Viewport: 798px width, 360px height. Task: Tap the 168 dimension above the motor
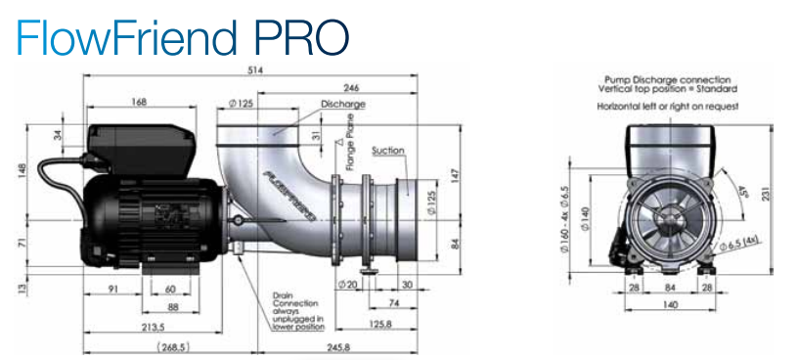(x=139, y=102)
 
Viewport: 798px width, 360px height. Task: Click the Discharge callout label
(x=343, y=105)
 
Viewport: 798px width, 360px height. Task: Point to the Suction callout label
(x=388, y=151)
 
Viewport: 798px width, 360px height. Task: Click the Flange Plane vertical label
(x=350, y=149)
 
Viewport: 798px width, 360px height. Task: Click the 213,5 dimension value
(x=154, y=326)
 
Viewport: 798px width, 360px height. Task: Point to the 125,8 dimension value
(x=380, y=324)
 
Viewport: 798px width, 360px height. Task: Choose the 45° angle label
(x=741, y=193)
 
